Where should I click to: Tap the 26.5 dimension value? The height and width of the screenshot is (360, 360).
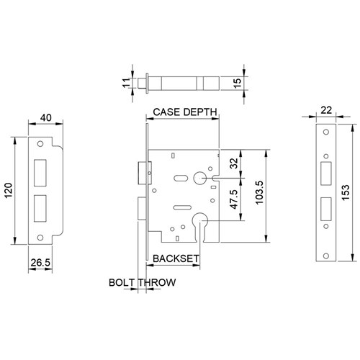40,264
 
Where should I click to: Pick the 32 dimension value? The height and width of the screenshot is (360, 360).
233,163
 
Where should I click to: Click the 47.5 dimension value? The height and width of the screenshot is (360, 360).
233,199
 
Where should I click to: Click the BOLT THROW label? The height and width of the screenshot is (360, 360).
142,282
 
